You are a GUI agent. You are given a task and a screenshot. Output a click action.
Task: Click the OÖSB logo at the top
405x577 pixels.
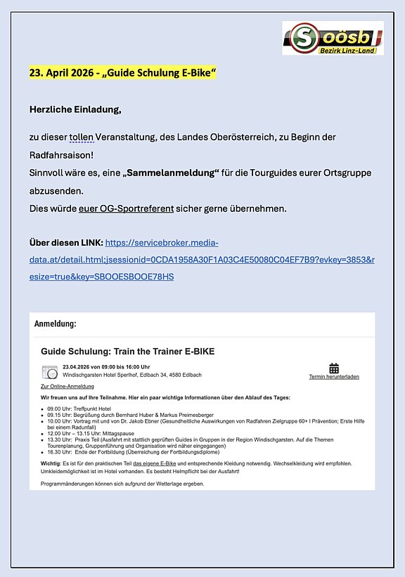332,38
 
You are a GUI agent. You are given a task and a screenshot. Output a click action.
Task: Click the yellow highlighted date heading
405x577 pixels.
122,73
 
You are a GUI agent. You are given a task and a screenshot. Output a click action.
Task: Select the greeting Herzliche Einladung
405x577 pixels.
75,110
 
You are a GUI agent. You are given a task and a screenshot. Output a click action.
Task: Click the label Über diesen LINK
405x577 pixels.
65,243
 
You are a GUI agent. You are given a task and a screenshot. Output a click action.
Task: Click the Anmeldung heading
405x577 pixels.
56,324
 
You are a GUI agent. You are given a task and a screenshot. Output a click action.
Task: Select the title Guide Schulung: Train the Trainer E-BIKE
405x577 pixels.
127,351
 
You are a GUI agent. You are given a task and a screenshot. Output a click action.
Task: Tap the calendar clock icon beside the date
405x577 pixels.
49,372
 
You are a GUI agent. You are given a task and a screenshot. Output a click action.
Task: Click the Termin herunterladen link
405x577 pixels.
334,377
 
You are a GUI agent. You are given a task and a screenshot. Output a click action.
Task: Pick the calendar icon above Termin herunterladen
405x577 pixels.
334,368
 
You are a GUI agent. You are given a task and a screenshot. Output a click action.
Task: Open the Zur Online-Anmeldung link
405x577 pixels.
67,387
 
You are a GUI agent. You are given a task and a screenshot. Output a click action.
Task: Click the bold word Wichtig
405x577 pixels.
51,463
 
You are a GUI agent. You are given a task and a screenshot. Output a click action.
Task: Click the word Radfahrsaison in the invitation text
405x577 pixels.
61,154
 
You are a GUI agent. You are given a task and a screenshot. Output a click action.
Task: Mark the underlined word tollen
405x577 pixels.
82,136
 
